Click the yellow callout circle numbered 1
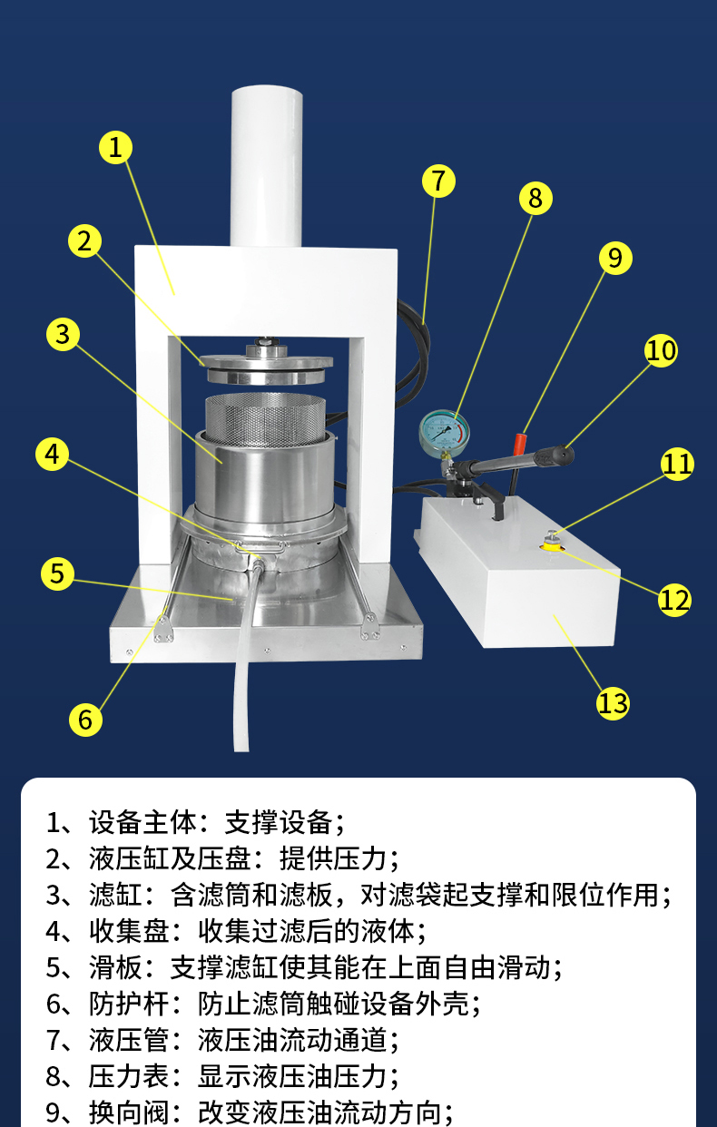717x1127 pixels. (x=115, y=147)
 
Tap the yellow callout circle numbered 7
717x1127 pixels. (x=438, y=181)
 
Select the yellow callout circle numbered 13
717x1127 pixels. (x=613, y=703)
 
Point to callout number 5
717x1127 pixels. (x=57, y=573)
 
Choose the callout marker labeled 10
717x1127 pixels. (x=661, y=350)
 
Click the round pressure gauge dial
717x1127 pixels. (x=445, y=430)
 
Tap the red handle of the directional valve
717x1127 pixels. (x=518, y=442)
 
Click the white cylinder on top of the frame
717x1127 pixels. (x=267, y=165)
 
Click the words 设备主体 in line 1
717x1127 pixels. (x=142, y=822)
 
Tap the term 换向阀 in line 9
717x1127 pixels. (x=129, y=1112)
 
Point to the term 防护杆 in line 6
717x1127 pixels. (x=129, y=1004)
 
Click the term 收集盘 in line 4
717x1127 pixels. (x=129, y=931)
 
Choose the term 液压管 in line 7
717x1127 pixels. (x=129, y=1040)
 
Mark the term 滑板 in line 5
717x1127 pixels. (x=116, y=967)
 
